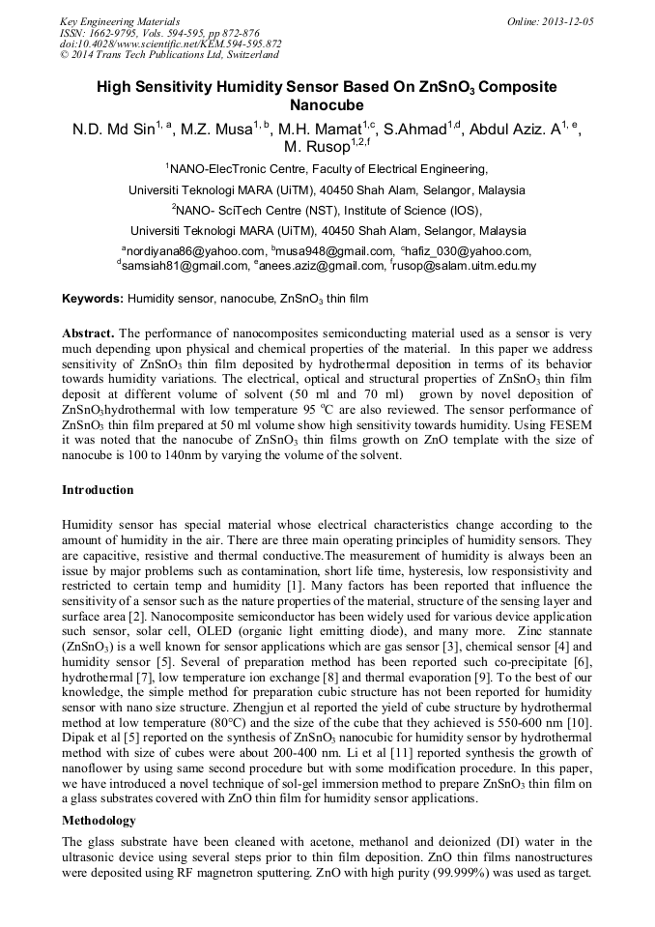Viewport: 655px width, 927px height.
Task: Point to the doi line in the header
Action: (x=170, y=43)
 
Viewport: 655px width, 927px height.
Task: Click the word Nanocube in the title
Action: (x=327, y=104)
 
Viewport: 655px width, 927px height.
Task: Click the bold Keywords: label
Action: (x=93, y=301)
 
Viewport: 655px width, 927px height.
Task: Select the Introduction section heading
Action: (x=98, y=490)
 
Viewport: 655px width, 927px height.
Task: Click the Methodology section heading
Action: (x=99, y=820)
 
